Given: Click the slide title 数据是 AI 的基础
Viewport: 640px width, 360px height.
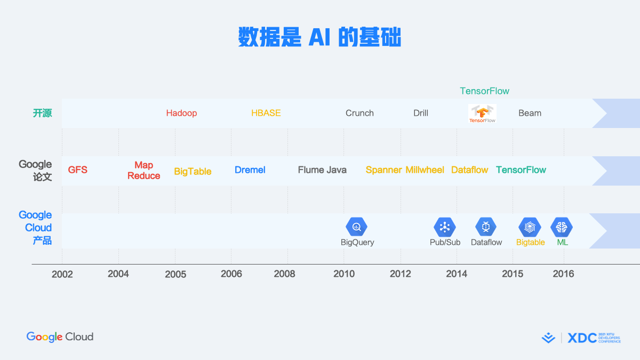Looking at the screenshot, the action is (x=319, y=37).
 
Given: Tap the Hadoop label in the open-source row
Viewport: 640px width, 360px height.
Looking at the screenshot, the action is (x=181, y=113).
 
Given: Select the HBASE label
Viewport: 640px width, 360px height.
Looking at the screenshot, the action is (x=266, y=113).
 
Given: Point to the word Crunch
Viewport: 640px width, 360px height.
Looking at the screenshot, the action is (x=359, y=113).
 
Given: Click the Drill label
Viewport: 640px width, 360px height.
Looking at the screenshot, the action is (x=421, y=113).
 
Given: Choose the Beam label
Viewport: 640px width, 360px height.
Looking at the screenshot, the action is (x=530, y=113).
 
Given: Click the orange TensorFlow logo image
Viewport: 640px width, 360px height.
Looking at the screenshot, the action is (x=482, y=114).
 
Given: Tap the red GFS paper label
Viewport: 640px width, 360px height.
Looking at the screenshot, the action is (x=78, y=170).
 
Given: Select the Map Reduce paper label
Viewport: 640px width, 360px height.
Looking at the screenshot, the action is (x=143, y=170).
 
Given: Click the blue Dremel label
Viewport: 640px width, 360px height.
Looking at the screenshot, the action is (x=250, y=170).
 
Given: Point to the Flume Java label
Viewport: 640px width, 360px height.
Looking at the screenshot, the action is (x=322, y=170).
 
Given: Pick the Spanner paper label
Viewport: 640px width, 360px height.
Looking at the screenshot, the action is (x=383, y=170).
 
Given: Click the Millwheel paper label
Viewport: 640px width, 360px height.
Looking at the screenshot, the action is (x=425, y=170).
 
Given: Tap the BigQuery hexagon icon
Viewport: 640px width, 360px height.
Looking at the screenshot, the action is (x=356, y=227).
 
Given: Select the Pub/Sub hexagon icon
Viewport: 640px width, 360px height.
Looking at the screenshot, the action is (x=445, y=227).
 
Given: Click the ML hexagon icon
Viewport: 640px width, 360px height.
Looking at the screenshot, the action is (x=562, y=227).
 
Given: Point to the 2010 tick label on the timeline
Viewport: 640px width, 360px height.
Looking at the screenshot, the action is (x=344, y=274).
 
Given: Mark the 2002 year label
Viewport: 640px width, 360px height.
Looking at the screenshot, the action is (x=62, y=274).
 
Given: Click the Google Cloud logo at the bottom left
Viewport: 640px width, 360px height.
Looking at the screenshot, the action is (x=60, y=337).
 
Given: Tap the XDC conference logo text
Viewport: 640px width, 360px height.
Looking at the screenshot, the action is (x=582, y=338).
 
